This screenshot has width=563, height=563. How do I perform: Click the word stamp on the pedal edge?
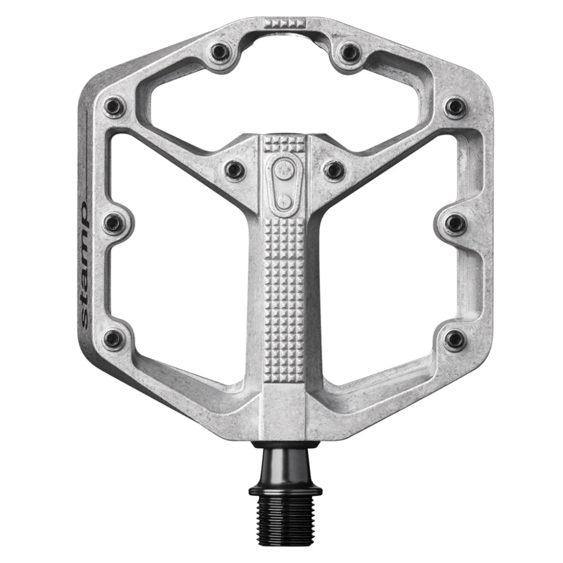[x=83, y=265]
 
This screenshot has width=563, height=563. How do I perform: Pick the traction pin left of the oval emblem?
[x=234, y=169]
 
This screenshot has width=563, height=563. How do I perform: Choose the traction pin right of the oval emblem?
[x=333, y=169]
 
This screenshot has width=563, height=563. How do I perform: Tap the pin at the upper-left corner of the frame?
[x=115, y=106]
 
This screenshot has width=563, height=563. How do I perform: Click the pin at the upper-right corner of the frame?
[x=455, y=106]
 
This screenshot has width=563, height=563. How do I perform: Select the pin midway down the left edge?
[x=114, y=223]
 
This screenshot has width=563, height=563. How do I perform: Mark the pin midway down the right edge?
[x=454, y=223]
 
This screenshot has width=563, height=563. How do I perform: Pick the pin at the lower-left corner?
[x=114, y=338]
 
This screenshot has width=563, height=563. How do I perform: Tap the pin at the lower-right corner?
[x=454, y=339]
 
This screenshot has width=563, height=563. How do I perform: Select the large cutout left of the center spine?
[x=180, y=265]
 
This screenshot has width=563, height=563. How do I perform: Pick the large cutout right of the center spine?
[x=388, y=265]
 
